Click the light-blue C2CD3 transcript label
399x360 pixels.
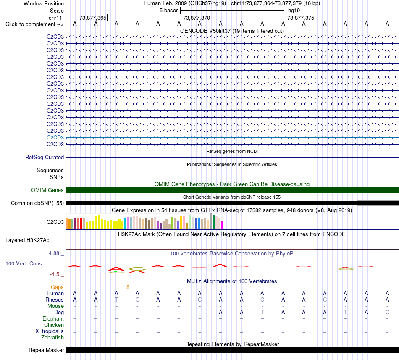point(55,137)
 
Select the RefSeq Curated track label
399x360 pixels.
point(45,157)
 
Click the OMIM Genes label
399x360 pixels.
point(47,190)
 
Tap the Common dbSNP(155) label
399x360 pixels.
point(37,203)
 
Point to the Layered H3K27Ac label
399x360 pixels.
point(27,240)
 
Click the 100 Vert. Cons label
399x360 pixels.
point(24,263)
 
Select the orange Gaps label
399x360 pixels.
point(57,287)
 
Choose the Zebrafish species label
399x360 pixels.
point(52,338)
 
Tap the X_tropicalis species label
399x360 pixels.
point(50,331)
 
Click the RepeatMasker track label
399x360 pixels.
point(46,350)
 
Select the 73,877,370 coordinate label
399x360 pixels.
point(197,18)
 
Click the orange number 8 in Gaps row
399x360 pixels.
point(128,287)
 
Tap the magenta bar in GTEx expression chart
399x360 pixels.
point(223,225)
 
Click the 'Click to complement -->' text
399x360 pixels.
point(34,24)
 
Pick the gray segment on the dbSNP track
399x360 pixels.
point(378,203)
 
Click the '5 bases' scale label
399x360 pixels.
point(169,11)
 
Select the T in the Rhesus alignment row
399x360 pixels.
point(116,300)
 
